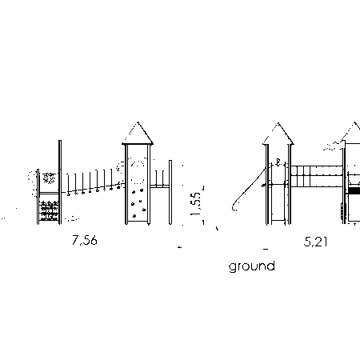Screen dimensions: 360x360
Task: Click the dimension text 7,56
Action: (x=85, y=240)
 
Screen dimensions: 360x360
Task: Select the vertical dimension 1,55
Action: (x=196, y=204)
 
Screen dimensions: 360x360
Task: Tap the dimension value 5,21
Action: (x=315, y=242)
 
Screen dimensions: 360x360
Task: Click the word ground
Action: (x=252, y=266)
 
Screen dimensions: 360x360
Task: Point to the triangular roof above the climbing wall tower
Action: (x=138, y=134)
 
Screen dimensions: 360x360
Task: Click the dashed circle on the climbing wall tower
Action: (x=138, y=173)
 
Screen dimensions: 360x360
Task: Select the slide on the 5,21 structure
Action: (x=249, y=190)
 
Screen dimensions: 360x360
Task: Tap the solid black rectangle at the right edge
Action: (x=354, y=191)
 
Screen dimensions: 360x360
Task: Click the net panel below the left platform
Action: (x=49, y=210)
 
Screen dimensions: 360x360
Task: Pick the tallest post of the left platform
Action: (x=60, y=182)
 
